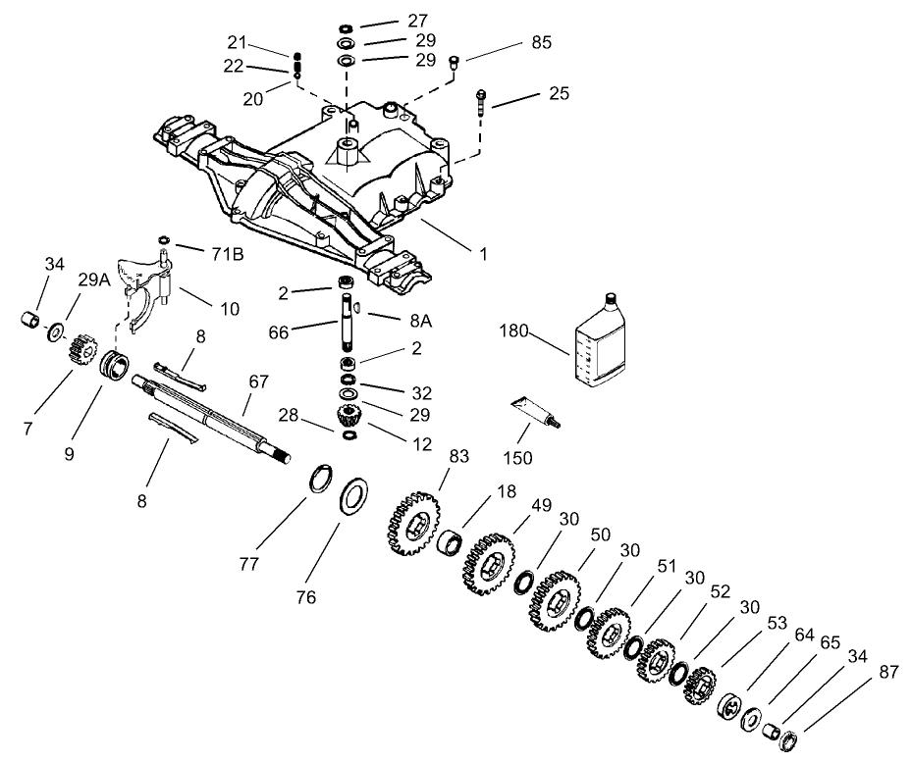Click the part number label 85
(541, 42)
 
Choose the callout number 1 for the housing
(482, 253)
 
